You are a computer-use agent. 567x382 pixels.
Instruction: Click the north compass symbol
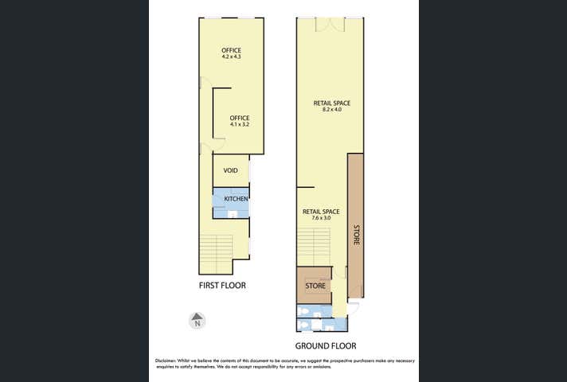point(197,322)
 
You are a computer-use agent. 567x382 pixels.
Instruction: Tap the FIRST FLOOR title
point(222,284)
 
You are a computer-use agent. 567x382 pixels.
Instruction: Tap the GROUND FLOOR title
point(326,346)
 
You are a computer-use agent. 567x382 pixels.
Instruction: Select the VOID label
point(231,170)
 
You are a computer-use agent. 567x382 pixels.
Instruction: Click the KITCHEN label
point(236,198)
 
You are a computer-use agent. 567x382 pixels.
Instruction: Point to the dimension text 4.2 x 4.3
point(231,57)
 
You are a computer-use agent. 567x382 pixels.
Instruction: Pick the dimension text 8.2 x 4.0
point(331,110)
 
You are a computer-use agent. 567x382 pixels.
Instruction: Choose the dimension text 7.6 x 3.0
point(321,218)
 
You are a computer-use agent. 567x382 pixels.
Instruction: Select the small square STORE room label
point(315,285)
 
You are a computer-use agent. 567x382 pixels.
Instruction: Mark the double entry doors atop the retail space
point(329,25)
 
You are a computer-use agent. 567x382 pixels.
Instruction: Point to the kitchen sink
point(233,213)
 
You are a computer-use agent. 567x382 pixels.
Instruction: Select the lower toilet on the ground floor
point(303,325)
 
